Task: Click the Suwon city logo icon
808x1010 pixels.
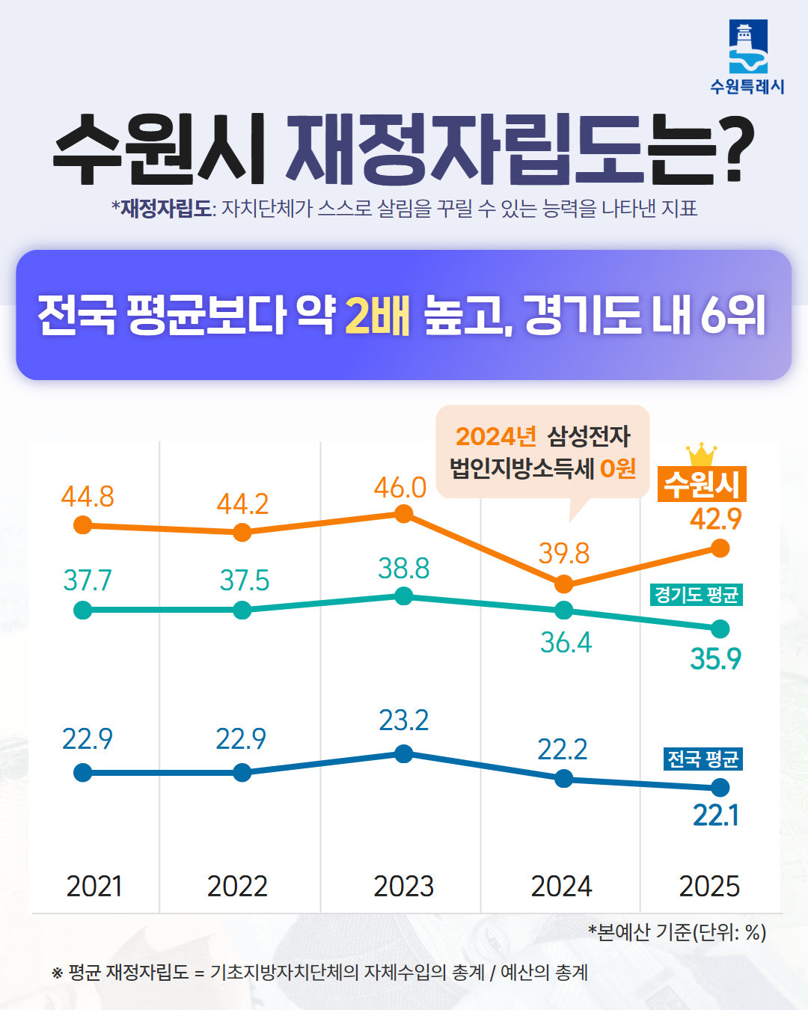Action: tap(747, 46)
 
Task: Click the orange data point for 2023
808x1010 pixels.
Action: tap(403, 513)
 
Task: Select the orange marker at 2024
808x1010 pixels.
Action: tap(564, 584)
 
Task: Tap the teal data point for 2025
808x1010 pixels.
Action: tap(720, 628)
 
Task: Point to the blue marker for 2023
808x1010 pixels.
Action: tap(403, 753)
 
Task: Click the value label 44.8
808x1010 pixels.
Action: tap(88, 497)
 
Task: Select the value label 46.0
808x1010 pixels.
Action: tap(400, 488)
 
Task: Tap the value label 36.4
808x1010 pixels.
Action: tap(566, 643)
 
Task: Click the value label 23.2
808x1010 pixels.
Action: tap(403, 720)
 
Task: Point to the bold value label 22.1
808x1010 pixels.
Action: tap(715, 815)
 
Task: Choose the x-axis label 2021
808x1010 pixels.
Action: tap(94, 887)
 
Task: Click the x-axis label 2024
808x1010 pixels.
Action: tap(561, 887)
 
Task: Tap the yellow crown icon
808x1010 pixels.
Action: tap(701, 454)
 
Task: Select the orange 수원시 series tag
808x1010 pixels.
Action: tap(702, 485)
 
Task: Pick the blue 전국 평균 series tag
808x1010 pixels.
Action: tap(703, 759)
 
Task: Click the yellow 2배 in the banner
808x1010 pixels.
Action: tap(378, 315)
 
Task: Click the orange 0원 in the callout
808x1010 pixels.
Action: tap(618, 469)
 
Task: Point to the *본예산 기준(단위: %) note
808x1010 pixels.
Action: tap(676, 932)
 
